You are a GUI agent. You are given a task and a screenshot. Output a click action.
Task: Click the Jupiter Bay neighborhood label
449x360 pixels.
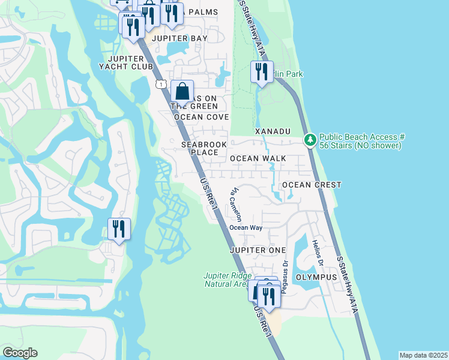pos(180,38)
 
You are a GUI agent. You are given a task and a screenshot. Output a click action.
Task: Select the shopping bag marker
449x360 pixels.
pos(182,92)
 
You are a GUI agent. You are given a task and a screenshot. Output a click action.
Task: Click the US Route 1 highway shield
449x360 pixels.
pos(160,83)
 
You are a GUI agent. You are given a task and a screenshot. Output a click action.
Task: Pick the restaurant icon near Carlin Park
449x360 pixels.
pos(262,73)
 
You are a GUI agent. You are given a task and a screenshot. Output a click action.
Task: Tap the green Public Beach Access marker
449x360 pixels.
pos(310,140)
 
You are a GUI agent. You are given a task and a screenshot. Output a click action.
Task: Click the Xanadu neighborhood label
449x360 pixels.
pos(273,131)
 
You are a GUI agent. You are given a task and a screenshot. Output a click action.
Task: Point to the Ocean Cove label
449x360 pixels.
pos(202,117)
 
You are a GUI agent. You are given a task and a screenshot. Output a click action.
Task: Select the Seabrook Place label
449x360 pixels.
pos(204,148)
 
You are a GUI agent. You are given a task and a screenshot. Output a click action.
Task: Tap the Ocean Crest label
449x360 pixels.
pos(312,185)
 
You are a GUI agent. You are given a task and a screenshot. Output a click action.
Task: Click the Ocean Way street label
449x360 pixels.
pos(247,227)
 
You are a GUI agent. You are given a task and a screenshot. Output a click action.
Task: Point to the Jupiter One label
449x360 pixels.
pos(258,250)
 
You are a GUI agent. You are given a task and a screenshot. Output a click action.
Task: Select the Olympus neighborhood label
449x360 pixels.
pos(317,277)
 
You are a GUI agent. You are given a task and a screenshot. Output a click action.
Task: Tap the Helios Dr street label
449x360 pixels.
pos(317,254)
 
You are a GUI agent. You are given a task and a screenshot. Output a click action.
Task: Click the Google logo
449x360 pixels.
pos(20,353)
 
